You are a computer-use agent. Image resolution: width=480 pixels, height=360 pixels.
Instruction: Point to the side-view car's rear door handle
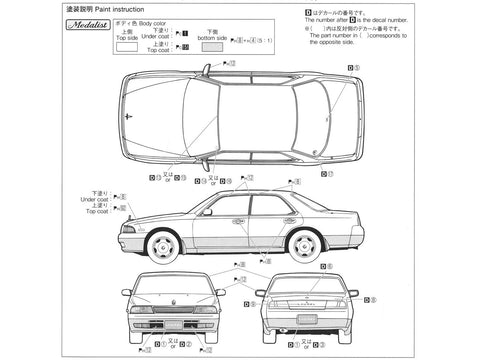tap(285, 219)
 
